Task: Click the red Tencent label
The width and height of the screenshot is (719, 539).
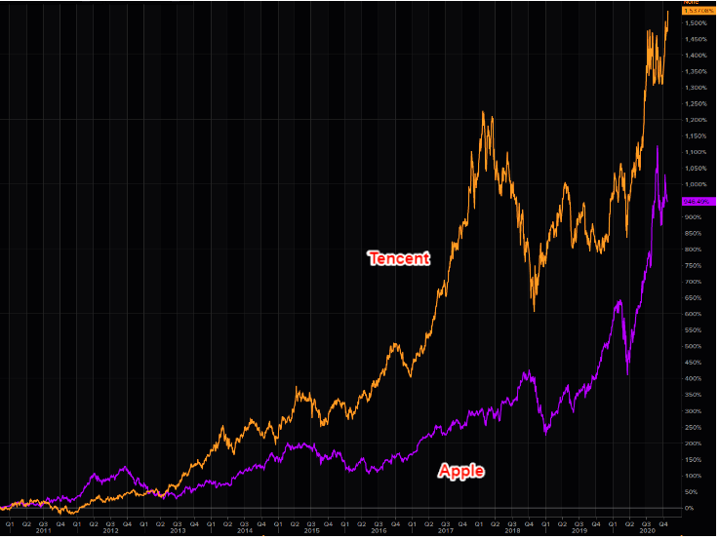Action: (398, 258)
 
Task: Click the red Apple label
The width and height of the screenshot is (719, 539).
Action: (461, 471)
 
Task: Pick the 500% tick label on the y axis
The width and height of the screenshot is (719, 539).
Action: (692, 346)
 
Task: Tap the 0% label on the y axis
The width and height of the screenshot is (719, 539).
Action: (689, 508)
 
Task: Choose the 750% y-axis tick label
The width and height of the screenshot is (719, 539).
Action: (692, 265)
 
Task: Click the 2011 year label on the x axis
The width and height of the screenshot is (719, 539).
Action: (43, 531)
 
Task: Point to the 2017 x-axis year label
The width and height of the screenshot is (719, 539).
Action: (445, 531)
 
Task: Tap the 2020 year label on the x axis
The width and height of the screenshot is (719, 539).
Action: (646, 531)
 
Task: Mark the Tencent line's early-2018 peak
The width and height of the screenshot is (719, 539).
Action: (484, 113)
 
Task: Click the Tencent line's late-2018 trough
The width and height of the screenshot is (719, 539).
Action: (534, 310)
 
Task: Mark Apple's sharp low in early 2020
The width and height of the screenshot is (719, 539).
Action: (627, 374)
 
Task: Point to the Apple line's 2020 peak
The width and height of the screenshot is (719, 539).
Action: (658, 147)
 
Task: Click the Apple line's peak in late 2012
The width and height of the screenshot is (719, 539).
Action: (125, 468)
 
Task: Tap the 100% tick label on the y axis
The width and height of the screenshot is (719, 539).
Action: (692, 476)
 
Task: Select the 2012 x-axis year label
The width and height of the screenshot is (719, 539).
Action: (109, 531)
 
